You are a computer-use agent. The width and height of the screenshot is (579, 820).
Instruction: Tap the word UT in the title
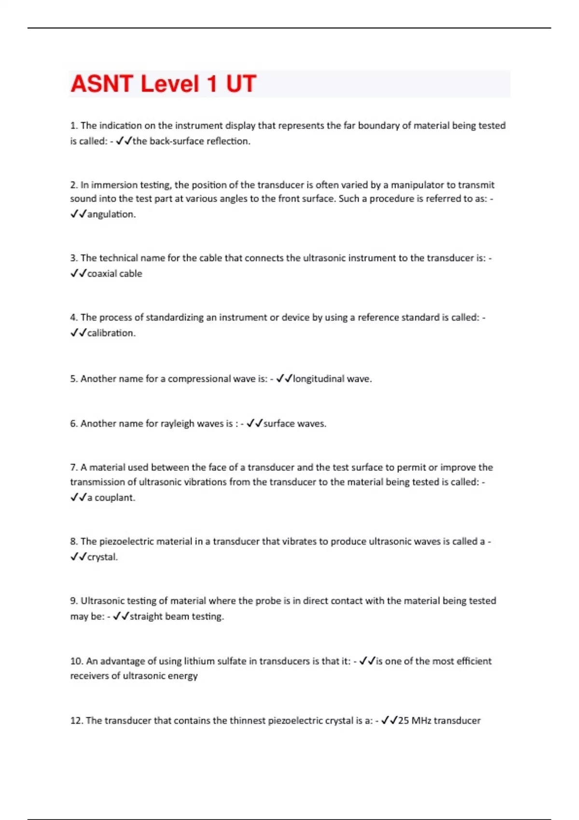click(241, 84)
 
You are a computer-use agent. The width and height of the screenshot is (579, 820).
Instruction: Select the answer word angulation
click(111, 214)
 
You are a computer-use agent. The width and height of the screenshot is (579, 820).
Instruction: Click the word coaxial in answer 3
click(100, 273)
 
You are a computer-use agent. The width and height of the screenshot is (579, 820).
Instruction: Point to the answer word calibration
click(111, 333)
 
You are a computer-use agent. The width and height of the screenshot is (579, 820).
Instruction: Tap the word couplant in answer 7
click(114, 498)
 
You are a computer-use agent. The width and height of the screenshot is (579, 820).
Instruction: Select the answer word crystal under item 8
click(102, 557)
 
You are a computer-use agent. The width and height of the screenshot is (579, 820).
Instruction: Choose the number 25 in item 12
click(403, 721)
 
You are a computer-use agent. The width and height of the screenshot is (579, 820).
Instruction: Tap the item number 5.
click(74, 379)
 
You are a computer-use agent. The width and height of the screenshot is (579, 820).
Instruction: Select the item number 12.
click(77, 721)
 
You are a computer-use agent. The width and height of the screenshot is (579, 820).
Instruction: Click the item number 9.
click(74, 601)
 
